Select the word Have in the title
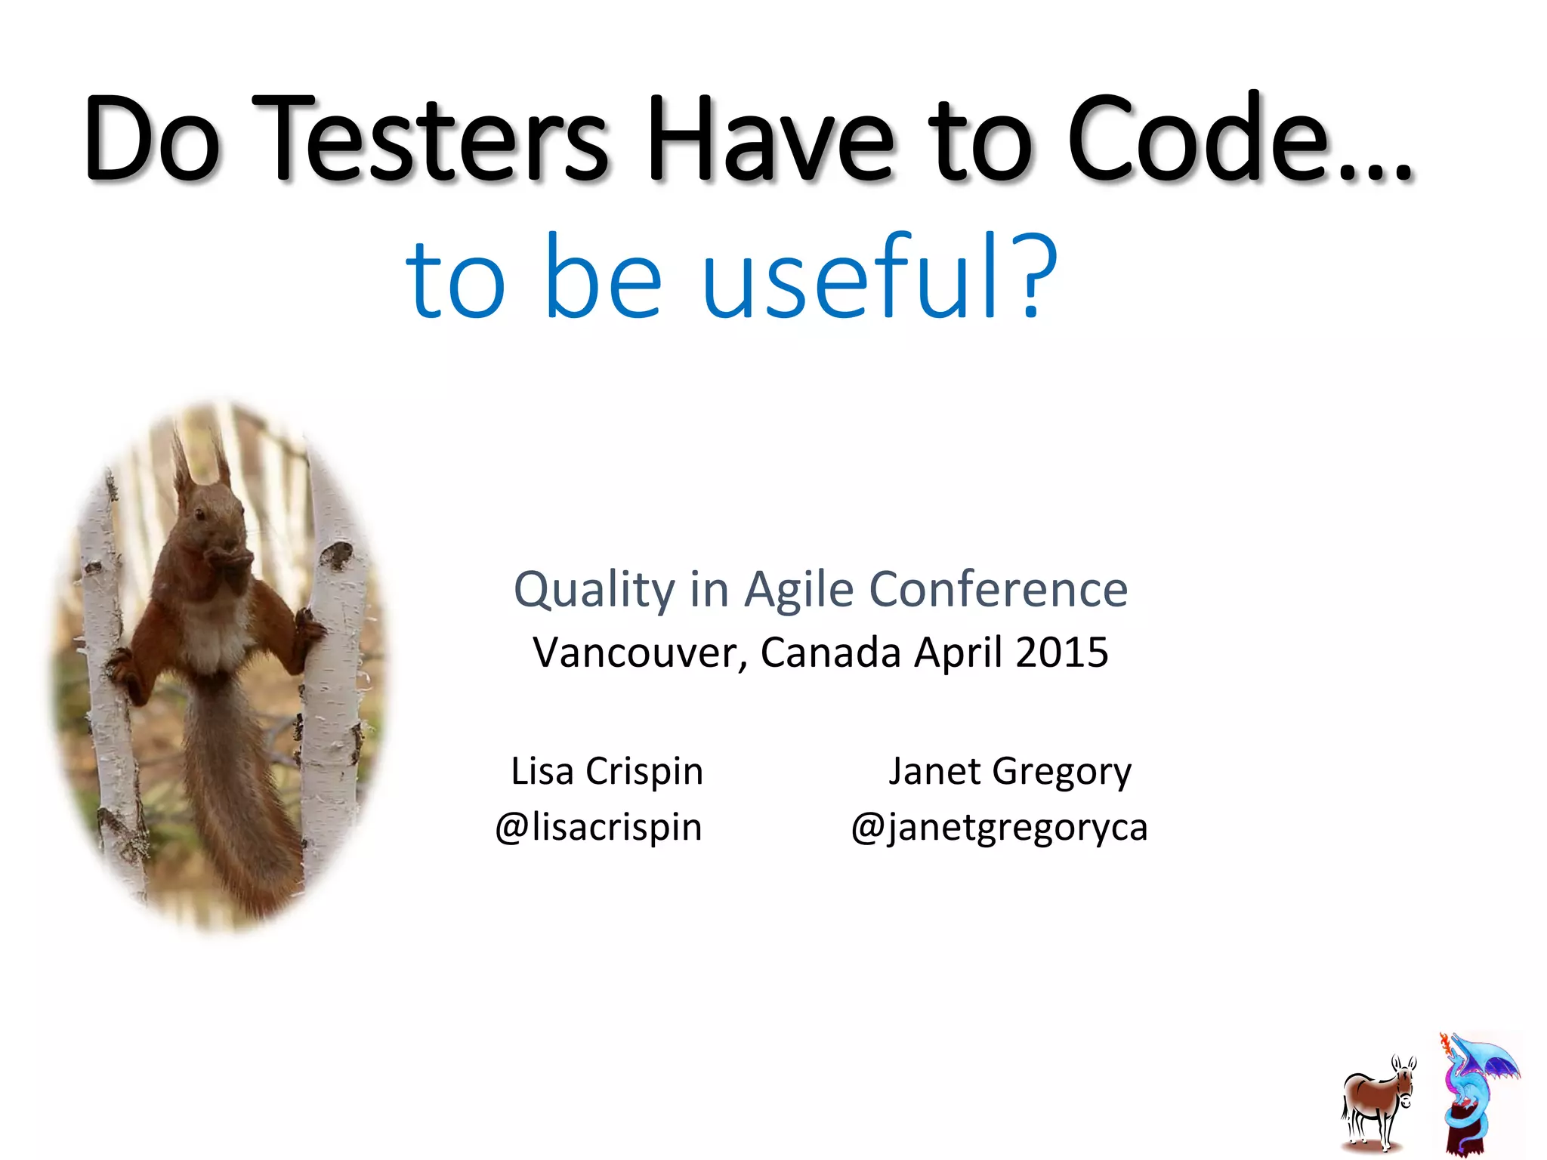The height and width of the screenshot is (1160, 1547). tap(771, 140)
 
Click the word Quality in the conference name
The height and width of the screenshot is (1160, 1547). tap(594, 590)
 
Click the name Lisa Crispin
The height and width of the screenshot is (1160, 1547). tap(607, 771)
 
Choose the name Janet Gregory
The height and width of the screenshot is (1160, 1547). tap(1009, 771)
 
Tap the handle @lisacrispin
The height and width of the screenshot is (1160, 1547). tap(598, 827)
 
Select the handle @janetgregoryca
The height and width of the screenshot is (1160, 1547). tap(999, 827)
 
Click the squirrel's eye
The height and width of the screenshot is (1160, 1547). tap(200, 514)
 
